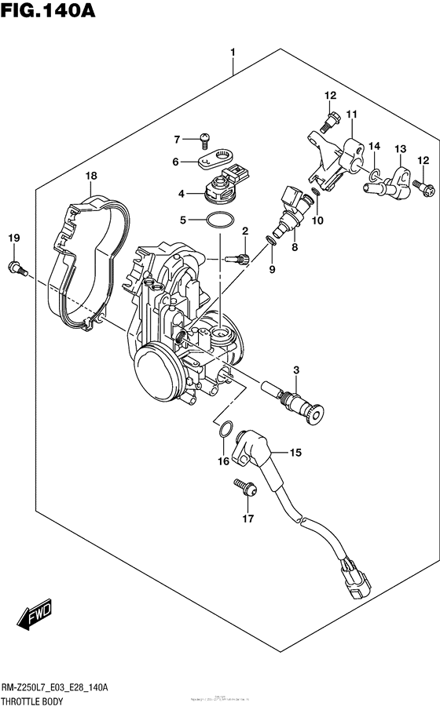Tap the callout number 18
[x=92, y=176]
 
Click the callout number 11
[x=350, y=115]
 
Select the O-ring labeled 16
[x=225, y=428]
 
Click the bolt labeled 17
[x=244, y=487]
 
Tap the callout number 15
[x=295, y=452]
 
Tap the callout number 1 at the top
[x=233, y=53]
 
